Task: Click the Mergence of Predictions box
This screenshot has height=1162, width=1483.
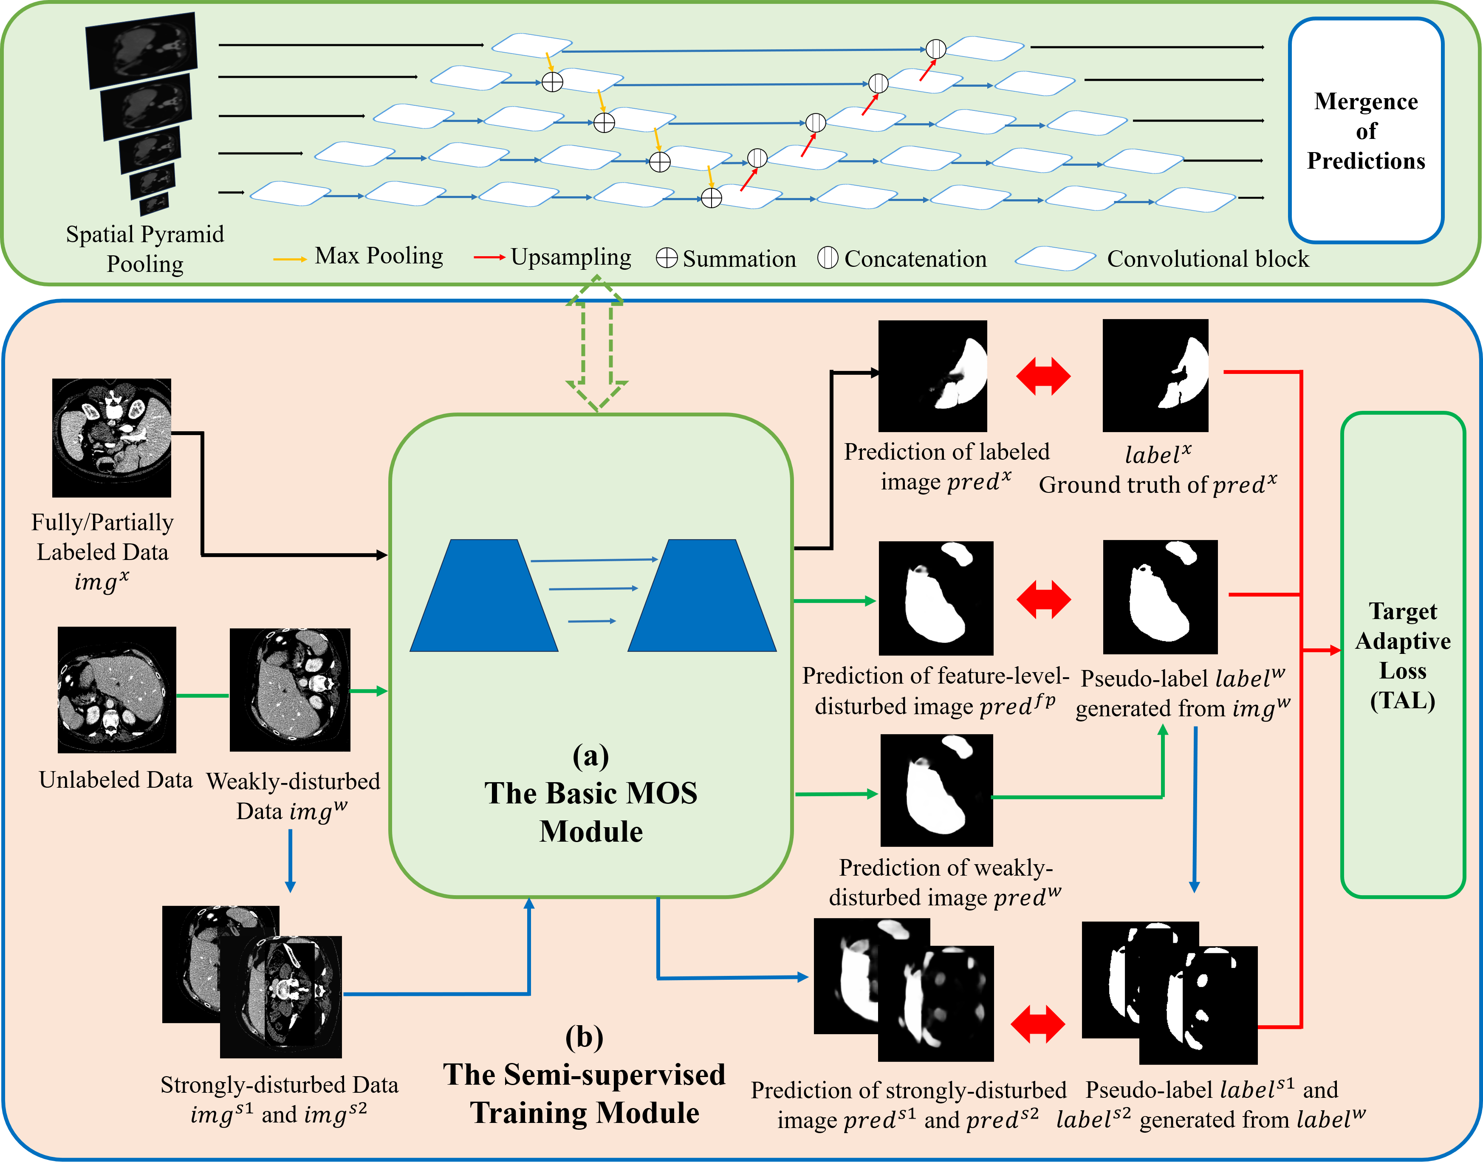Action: [1366, 130]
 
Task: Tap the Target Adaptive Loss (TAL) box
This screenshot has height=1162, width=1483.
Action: [1403, 654]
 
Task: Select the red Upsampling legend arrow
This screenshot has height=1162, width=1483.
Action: [489, 257]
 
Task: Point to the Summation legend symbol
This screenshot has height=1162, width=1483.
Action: [666, 258]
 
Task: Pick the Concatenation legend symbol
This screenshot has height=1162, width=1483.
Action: [827, 258]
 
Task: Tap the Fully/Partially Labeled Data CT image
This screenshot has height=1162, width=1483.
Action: [112, 438]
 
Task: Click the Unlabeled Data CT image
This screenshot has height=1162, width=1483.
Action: [117, 689]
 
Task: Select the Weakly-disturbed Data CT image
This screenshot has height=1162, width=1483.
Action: [290, 689]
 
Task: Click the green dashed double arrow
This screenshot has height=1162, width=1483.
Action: [596, 344]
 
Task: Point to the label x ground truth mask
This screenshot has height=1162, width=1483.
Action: [1155, 376]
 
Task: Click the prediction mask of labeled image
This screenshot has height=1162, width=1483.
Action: [932, 376]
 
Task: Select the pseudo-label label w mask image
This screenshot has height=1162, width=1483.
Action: [1160, 597]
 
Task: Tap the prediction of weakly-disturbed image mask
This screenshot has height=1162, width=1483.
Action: [936, 790]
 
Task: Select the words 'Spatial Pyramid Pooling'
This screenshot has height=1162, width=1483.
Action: [145, 249]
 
